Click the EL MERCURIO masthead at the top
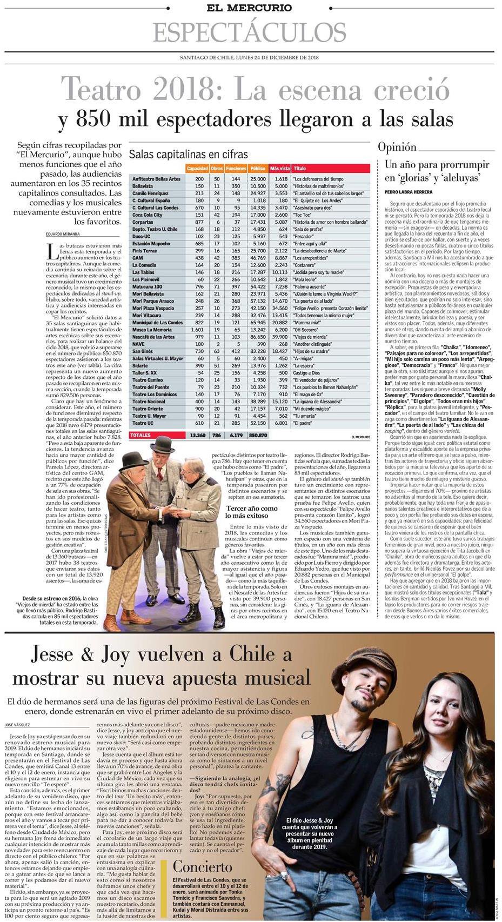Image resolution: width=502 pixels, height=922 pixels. point(250,8)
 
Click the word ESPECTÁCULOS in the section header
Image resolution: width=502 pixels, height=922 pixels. point(250,32)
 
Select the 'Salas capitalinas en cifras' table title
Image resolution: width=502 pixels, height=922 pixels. point(188,154)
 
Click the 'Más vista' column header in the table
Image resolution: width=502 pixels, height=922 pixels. point(280,169)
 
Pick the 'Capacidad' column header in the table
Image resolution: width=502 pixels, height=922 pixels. point(197,169)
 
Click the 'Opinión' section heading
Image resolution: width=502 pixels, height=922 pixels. point(397,147)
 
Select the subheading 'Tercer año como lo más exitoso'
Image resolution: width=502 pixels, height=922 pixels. point(252,512)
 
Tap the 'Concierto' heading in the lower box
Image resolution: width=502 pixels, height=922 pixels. point(202,867)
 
